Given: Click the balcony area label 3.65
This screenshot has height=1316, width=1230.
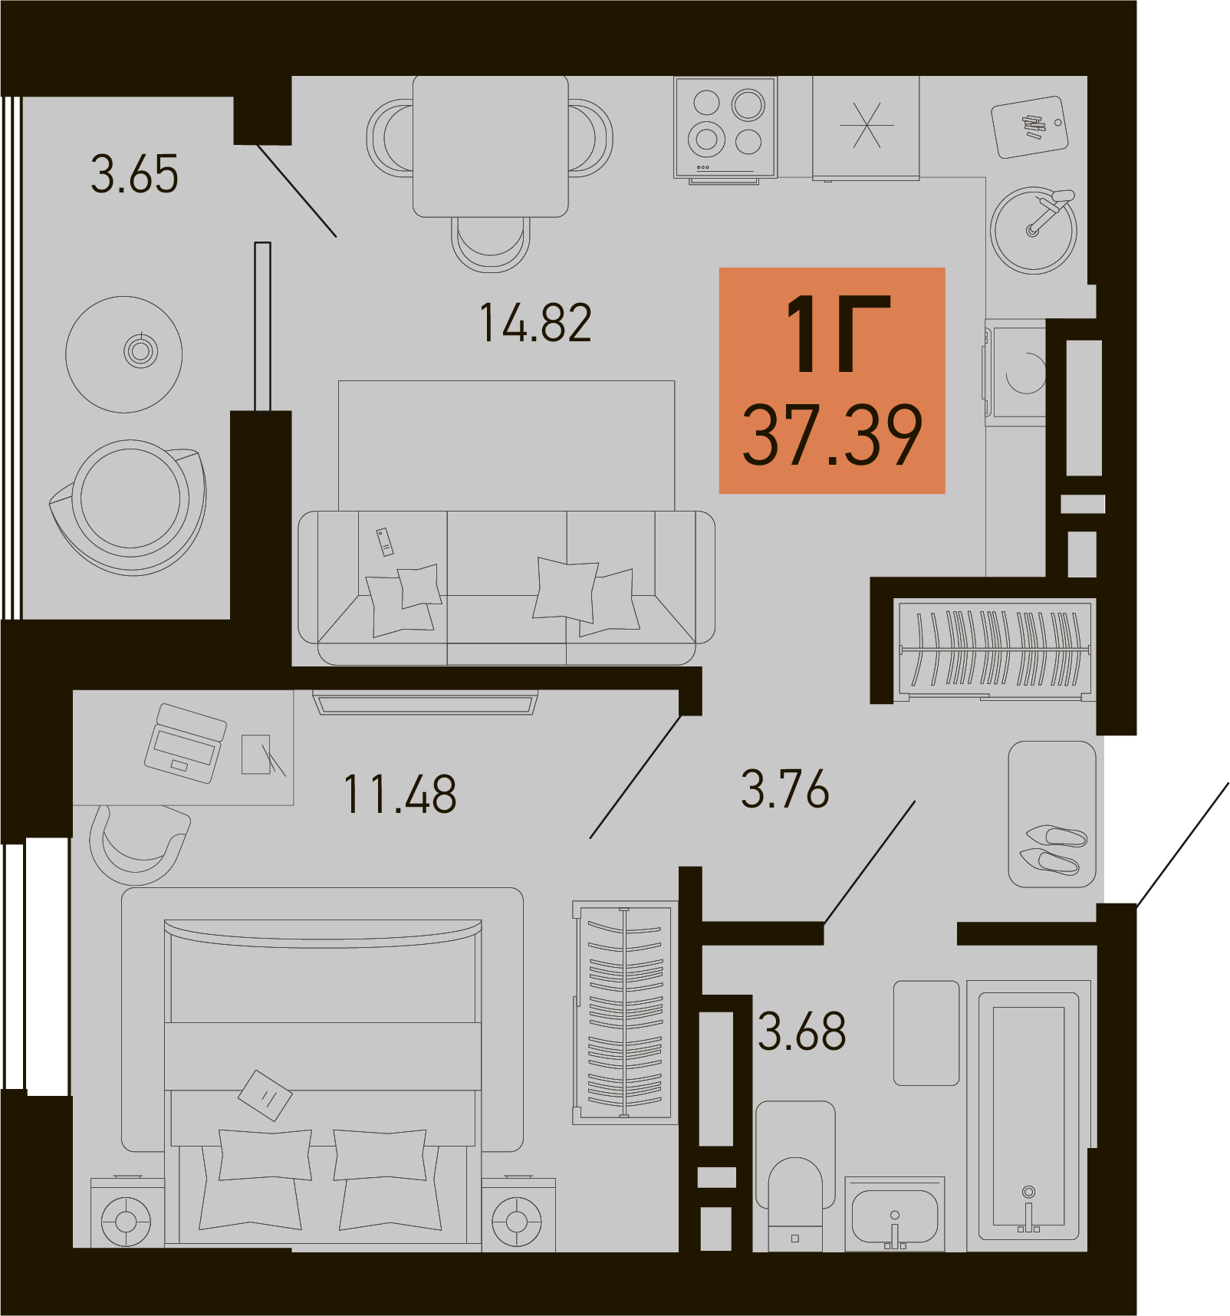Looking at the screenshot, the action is click(135, 173).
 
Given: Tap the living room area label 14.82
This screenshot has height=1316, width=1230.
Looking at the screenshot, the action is click(535, 323).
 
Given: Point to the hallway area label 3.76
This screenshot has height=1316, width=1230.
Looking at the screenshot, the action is click(784, 789).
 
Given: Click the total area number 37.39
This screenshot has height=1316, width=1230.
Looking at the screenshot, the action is click(832, 435).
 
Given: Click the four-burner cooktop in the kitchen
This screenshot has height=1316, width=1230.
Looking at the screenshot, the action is click(725, 129).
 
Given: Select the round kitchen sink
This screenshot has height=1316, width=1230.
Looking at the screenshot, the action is click(1034, 230).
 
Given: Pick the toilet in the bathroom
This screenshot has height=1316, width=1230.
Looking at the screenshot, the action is click(795, 1176).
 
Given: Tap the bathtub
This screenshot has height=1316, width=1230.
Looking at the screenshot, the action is click(1028, 1116).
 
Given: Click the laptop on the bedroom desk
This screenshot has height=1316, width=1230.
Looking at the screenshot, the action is click(186, 743).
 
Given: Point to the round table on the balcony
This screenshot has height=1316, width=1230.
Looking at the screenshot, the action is click(124, 354).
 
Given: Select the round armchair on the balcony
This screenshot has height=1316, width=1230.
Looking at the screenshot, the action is click(128, 507).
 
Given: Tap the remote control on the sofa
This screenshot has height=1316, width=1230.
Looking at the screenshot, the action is click(384, 541).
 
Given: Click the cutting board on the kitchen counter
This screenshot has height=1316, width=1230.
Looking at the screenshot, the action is click(1030, 127).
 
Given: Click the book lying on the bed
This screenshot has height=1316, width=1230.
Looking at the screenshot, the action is click(265, 1095).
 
